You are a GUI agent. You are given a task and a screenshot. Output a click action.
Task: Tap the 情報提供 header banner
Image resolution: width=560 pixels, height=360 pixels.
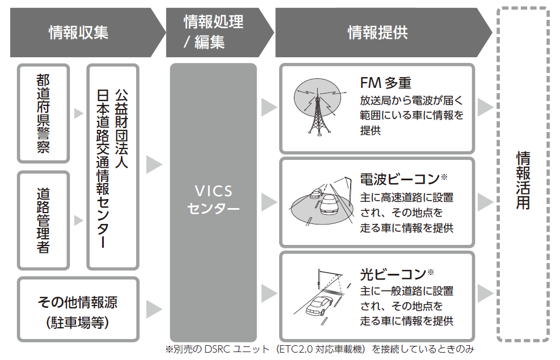tap(377, 33)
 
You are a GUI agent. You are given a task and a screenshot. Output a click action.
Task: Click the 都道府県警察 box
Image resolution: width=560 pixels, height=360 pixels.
tap(43, 113)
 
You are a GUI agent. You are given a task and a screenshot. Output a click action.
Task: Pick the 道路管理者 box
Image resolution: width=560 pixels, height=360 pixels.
tap(43, 220)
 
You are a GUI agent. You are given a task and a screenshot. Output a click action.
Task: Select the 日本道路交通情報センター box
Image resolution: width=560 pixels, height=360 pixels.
tap(112, 167)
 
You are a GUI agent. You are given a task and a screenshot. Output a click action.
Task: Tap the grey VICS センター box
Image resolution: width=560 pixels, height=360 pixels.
tap(213, 201)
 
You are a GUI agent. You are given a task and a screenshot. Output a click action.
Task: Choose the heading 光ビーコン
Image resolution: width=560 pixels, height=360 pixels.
tap(397, 274)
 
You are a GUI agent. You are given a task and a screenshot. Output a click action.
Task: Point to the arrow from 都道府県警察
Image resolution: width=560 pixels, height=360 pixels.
tap(78, 113)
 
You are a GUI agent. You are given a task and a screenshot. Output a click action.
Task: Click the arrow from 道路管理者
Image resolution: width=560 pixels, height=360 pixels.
tap(78, 220)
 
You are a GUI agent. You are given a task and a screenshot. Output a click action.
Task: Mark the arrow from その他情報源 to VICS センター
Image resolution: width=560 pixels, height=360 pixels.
tap(153, 310)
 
